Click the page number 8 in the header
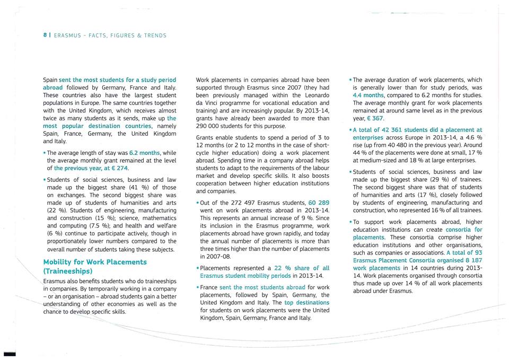(45, 36)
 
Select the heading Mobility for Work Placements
(94, 262)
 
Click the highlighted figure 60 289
(319, 203)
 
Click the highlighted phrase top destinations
(306, 302)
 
